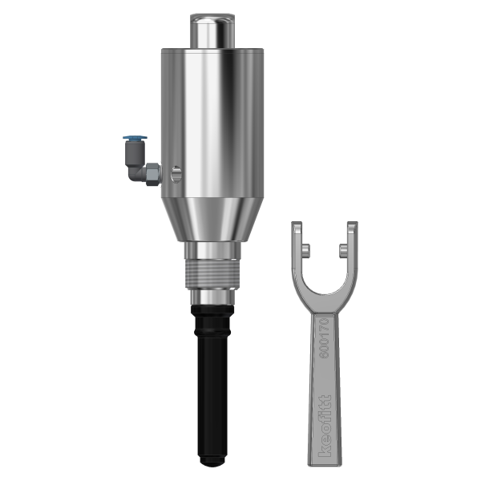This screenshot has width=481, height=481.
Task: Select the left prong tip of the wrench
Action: coord(297,231)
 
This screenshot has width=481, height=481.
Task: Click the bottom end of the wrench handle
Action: coord(320,459)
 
